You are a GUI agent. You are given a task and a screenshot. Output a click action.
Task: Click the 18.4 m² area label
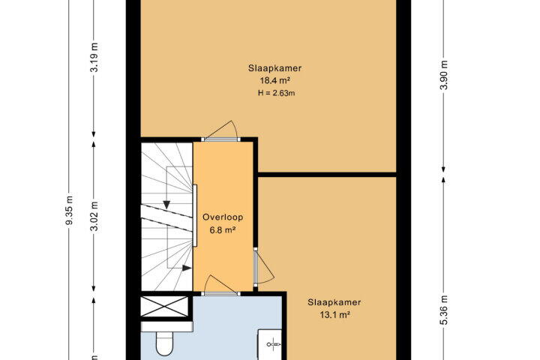tap(274, 80)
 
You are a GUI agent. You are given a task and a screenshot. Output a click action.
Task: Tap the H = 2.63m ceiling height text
tap(276, 93)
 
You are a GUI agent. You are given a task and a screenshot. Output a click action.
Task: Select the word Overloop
tap(223, 217)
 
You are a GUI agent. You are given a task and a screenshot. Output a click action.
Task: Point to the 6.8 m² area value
tap(223, 229)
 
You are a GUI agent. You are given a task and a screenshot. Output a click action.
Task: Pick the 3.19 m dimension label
tap(94, 57)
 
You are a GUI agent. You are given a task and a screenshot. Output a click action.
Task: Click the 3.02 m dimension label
tap(94, 216)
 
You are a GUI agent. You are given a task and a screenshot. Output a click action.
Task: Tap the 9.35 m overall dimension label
tap(69, 210)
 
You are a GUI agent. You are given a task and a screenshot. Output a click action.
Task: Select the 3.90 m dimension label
tap(444, 75)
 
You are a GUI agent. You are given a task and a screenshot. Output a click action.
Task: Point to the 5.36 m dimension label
tap(444, 310)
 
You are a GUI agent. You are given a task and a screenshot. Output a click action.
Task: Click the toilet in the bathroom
tap(164, 343)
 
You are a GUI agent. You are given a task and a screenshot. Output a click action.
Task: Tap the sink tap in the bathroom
tap(274, 343)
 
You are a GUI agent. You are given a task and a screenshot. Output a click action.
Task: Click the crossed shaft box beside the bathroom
tap(164, 307)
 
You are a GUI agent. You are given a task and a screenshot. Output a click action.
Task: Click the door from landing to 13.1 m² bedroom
tap(263, 267)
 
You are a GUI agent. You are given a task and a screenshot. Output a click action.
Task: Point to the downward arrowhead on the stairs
tap(166, 205)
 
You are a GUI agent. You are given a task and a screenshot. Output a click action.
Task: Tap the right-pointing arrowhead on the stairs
tap(187, 268)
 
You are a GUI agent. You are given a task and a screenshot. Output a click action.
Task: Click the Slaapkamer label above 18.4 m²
tap(274, 68)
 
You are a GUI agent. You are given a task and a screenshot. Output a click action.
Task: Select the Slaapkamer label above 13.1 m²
tap(334, 302)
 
